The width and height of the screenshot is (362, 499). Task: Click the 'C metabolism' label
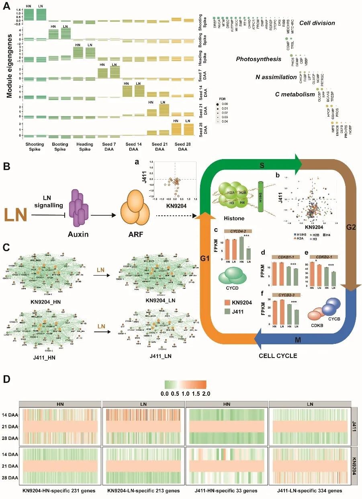[x=295, y=94]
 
